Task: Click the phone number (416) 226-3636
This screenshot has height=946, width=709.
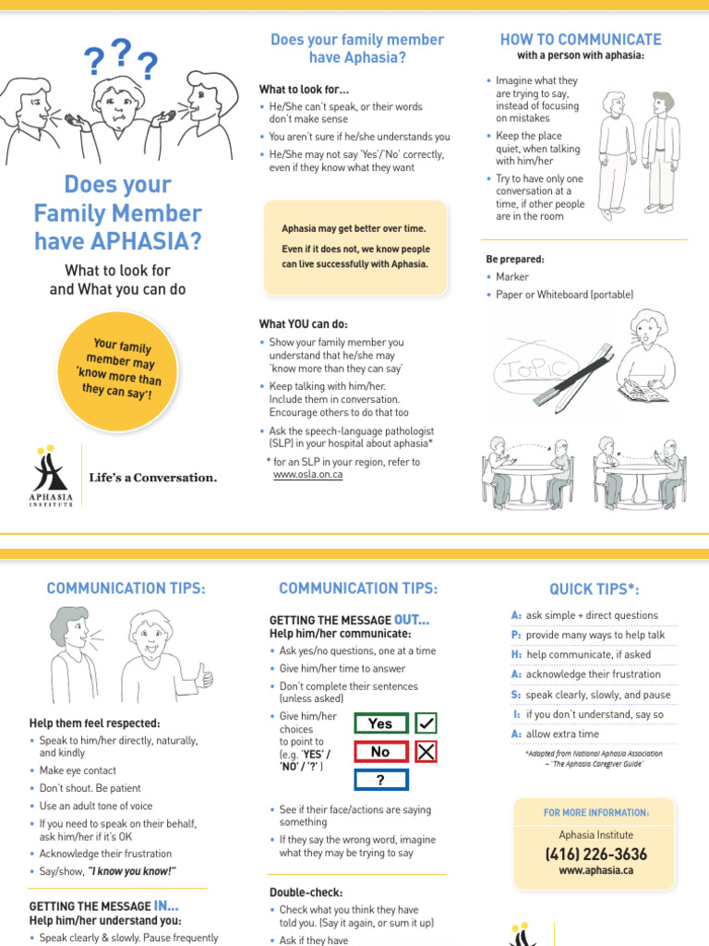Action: [x=595, y=854]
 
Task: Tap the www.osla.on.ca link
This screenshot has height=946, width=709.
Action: [x=307, y=475]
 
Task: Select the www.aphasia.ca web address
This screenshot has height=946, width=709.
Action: [x=595, y=871]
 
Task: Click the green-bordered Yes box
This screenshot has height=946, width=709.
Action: [x=380, y=723]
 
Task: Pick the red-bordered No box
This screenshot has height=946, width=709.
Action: [x=380, y=752]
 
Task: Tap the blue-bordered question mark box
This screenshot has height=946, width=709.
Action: [x=380, y=781]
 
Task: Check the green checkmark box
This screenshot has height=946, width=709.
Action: [x=426, y=723]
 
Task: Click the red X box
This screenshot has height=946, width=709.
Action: [x=426, y=752]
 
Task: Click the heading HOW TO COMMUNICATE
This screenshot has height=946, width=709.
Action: [x=581, y=40]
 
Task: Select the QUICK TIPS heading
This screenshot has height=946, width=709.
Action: [x=595, y=589]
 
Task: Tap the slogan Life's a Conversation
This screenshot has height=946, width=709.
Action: [x=153, y=478]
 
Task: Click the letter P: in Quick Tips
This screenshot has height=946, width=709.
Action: [x=517, y=635]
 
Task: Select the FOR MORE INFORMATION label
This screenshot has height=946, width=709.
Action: [x=595, y=813]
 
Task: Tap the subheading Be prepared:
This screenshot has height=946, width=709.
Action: [x=515, y=259]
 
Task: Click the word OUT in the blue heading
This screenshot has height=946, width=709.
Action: [x=411, y=619]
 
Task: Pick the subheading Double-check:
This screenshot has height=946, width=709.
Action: [x=306, y=893]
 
